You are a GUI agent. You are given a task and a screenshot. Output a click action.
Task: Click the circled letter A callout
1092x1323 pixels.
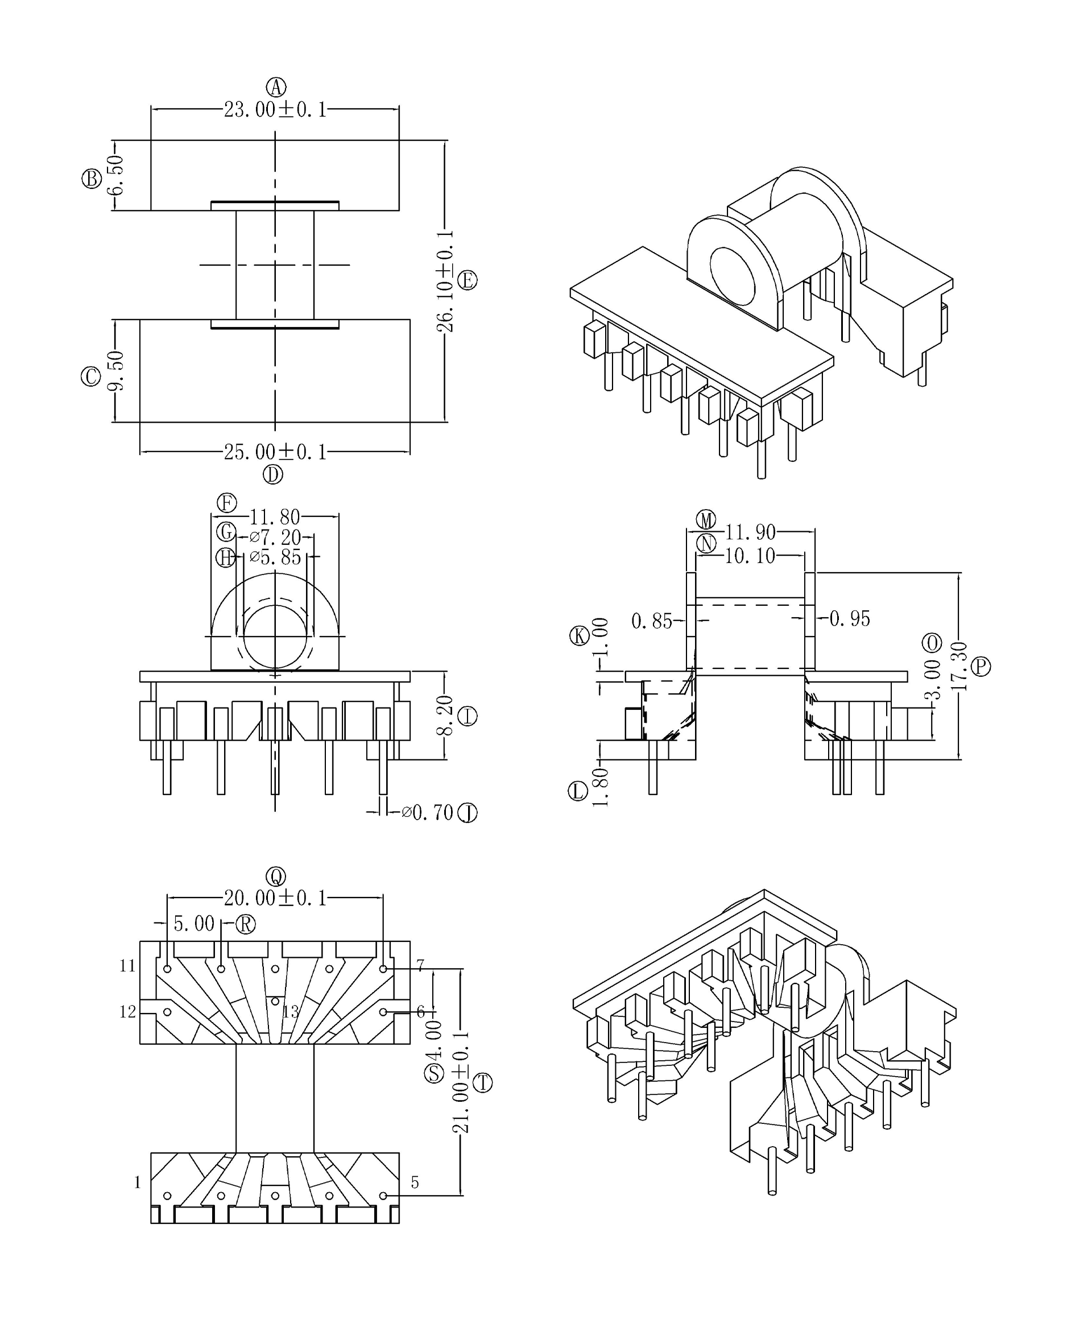275,87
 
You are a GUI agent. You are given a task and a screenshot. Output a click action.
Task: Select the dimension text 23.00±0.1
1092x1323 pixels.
275,110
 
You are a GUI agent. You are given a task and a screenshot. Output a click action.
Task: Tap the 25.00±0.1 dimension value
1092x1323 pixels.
275,452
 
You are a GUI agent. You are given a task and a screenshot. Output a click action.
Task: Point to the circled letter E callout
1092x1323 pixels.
468,280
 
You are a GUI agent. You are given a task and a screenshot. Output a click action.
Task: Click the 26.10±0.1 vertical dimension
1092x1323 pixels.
445,280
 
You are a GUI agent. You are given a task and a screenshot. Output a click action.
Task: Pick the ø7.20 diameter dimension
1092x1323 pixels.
275,538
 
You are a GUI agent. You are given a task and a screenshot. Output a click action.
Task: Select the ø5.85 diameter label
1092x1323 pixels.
275,557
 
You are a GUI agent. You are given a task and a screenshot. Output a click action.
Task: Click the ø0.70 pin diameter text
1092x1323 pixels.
428,813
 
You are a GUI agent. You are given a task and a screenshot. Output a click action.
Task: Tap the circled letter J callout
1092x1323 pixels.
468,813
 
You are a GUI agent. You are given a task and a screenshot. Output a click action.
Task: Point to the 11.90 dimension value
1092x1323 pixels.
750,532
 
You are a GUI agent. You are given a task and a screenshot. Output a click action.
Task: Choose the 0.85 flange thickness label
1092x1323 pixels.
652,622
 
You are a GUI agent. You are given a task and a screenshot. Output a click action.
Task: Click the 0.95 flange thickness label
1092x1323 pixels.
850,619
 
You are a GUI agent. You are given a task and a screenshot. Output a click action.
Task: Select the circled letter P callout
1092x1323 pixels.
981,666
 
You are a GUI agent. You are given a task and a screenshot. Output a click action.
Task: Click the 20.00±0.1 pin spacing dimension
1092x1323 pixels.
275,898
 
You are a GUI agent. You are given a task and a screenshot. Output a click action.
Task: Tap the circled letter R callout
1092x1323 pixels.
245,924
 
